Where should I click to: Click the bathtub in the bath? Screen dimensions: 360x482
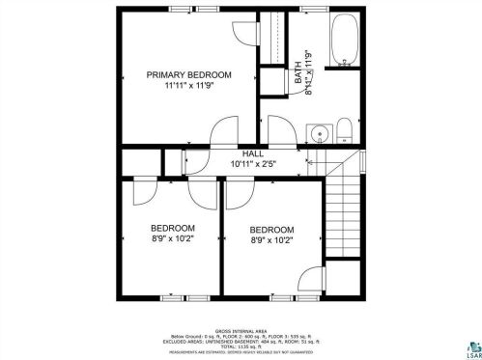[343, 42]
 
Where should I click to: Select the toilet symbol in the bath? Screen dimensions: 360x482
[344, 130]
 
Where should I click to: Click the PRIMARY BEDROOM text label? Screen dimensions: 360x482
[188, 74]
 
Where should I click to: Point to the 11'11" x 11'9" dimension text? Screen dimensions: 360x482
[189, 86]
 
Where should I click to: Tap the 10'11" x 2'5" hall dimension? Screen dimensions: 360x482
[253, 165]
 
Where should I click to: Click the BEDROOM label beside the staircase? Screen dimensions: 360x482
[271, 230]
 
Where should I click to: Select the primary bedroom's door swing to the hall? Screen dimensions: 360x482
[223, 131]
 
